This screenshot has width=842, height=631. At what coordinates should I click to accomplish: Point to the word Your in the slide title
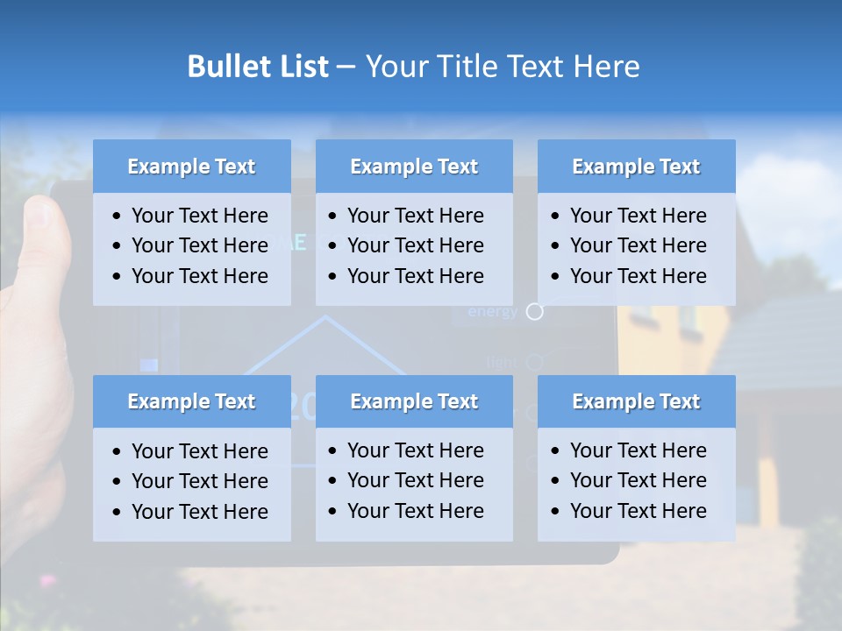pos(395,67)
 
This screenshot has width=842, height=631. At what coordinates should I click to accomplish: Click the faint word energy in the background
pos(492,312)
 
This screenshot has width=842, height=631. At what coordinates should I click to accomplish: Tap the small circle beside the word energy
pos(535,311)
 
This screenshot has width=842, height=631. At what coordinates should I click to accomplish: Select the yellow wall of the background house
pos(649,342)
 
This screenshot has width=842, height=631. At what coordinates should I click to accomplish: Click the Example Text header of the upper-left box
pos(191,167)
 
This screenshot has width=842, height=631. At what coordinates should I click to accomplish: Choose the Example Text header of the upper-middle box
pos(414,167)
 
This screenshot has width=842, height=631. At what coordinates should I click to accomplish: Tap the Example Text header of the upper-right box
pos(636,167)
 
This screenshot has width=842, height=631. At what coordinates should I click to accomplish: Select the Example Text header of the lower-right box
pos(636,401)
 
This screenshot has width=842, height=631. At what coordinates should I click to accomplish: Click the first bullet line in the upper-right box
pos(638,216)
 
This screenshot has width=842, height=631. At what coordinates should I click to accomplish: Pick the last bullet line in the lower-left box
pos(199,512)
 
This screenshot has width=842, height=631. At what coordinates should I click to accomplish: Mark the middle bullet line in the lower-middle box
pos(415,480)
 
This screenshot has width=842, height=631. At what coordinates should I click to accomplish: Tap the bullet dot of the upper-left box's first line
pos(118,216)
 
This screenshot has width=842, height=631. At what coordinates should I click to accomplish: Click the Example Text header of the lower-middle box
pos(414,401)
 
